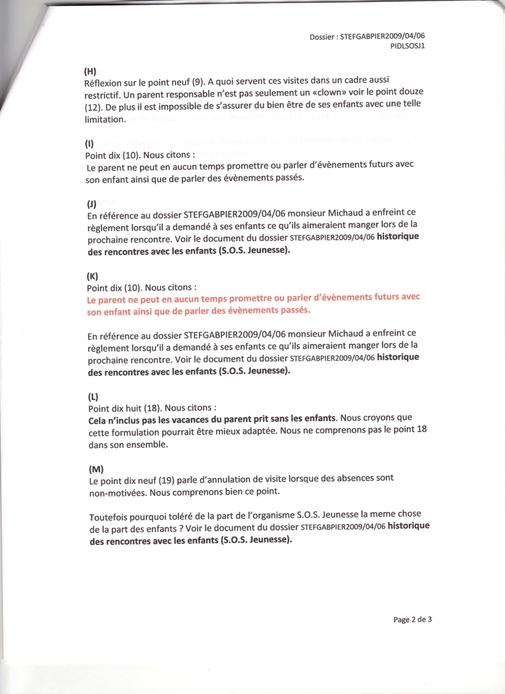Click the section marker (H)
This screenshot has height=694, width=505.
(x=90, y=72)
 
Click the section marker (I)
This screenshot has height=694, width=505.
(x=90, y=143)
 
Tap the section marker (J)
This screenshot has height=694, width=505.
(x=92, y=203)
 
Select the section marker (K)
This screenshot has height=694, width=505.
(x=92, y=276)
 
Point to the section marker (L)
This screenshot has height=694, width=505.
(x=93, y=397)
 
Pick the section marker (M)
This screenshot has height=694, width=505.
(x=95, y=469)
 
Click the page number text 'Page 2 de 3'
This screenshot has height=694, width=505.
(x=413, y=619)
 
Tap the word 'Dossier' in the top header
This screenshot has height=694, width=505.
(x=323, y=37)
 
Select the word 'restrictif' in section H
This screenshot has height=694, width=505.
(x=104, y=95)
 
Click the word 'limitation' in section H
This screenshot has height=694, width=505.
(x=104, y=119)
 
